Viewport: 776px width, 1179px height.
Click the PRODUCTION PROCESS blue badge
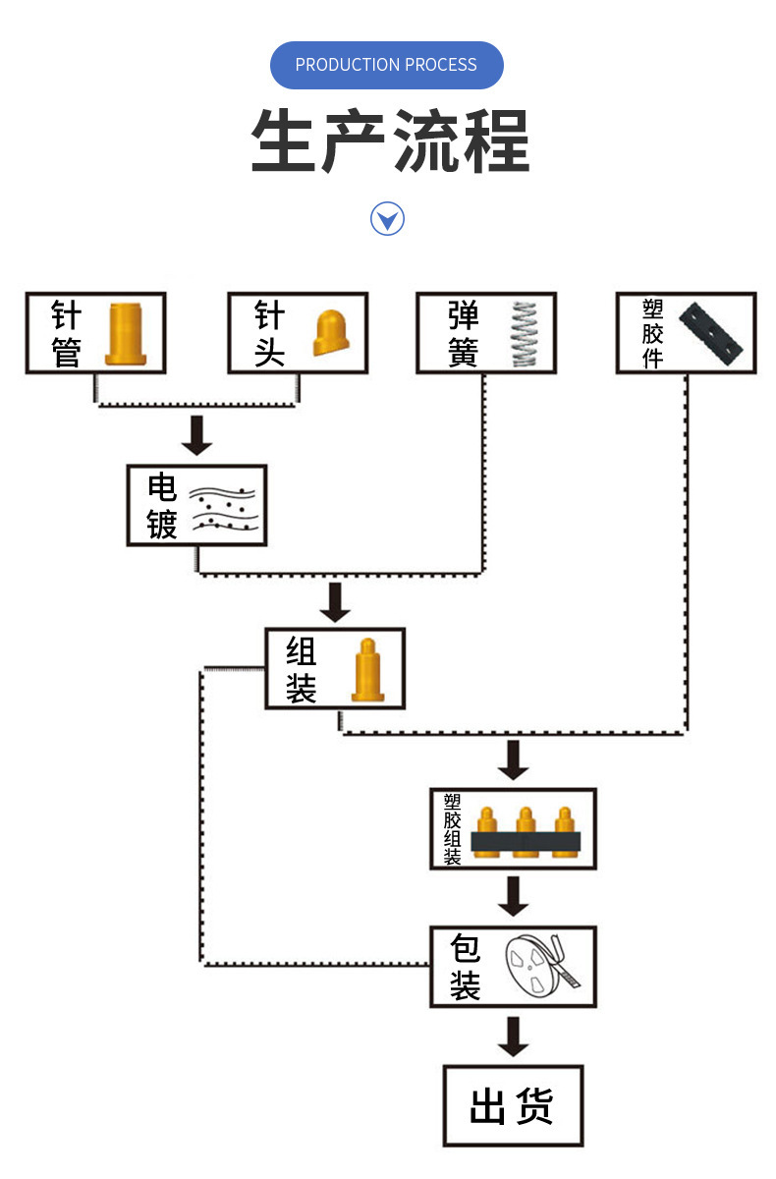[386, 65]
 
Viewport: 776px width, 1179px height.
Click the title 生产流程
[390, 140]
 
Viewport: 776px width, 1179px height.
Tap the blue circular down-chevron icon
[387, 218]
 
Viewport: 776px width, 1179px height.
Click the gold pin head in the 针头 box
[331, 333]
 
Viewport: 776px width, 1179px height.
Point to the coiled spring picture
[525, 334]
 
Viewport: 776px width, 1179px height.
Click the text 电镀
[162, 506]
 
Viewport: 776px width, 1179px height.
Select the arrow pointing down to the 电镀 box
[197, 434]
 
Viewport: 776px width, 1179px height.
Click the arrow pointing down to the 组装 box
[335, 601]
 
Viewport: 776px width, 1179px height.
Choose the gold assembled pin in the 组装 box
[367, 670]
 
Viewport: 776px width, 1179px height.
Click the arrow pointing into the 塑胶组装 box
[513, 759]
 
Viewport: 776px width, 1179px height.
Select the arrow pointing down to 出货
[513, 1036]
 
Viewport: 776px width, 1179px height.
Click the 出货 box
[513, 1105]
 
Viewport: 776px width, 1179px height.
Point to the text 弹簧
[463, 333]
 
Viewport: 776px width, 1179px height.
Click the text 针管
[66, 333]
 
